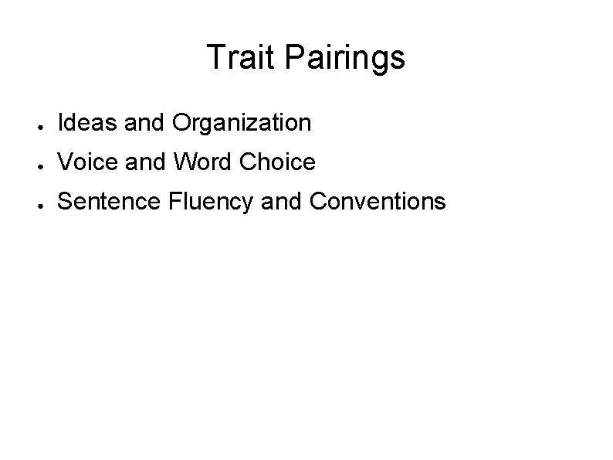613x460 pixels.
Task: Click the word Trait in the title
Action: tap(236, 58)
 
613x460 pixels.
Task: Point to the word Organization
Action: tap(242, 123)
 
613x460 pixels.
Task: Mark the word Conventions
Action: tap(378, 202)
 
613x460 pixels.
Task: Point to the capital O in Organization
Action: tap(182, 122)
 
